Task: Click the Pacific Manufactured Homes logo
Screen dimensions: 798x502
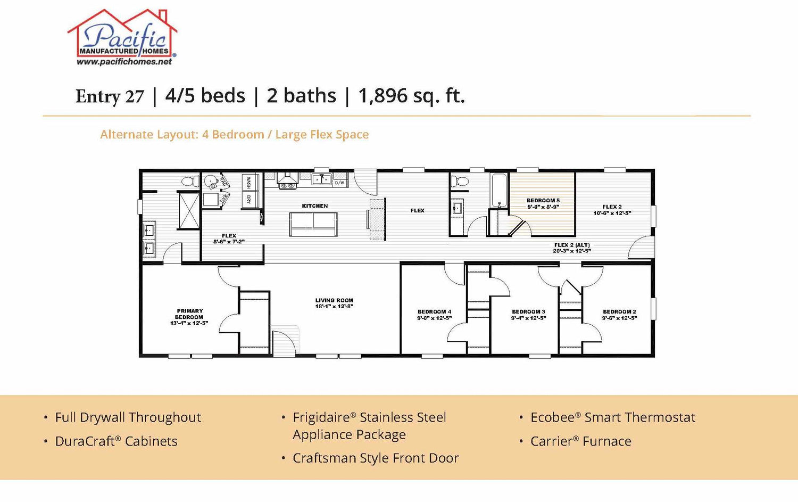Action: click(122, 37)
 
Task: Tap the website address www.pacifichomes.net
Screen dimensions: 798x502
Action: click(124, 62)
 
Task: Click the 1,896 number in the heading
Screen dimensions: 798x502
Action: click(383, 96)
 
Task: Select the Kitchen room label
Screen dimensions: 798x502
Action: click(315, 205)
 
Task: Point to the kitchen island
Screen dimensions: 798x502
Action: click(313, 224)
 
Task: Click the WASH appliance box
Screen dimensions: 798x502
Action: click(248, 182)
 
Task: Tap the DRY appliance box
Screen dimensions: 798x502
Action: click(248, 200)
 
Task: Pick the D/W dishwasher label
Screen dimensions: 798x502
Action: click(340, 183)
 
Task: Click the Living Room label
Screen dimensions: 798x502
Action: click(334, 303)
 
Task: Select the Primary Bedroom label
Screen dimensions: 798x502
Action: click(189, 317)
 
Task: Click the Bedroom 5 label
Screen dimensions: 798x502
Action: click(543, 203)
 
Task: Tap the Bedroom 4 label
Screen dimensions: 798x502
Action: click(434, 315)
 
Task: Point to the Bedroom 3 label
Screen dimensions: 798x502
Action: click(529, 315)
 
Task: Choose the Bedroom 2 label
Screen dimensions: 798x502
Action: click(620, 315)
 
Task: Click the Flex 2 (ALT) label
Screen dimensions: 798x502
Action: click(572, 248)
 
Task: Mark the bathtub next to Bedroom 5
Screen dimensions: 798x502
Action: click(499, 191)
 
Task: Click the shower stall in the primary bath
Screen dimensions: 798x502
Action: click(189, 210)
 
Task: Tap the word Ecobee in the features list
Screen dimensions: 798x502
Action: click(552, 417)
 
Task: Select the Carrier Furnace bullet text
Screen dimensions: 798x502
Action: click(581, 441)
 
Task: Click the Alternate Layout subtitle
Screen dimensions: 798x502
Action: click(235, 134)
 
